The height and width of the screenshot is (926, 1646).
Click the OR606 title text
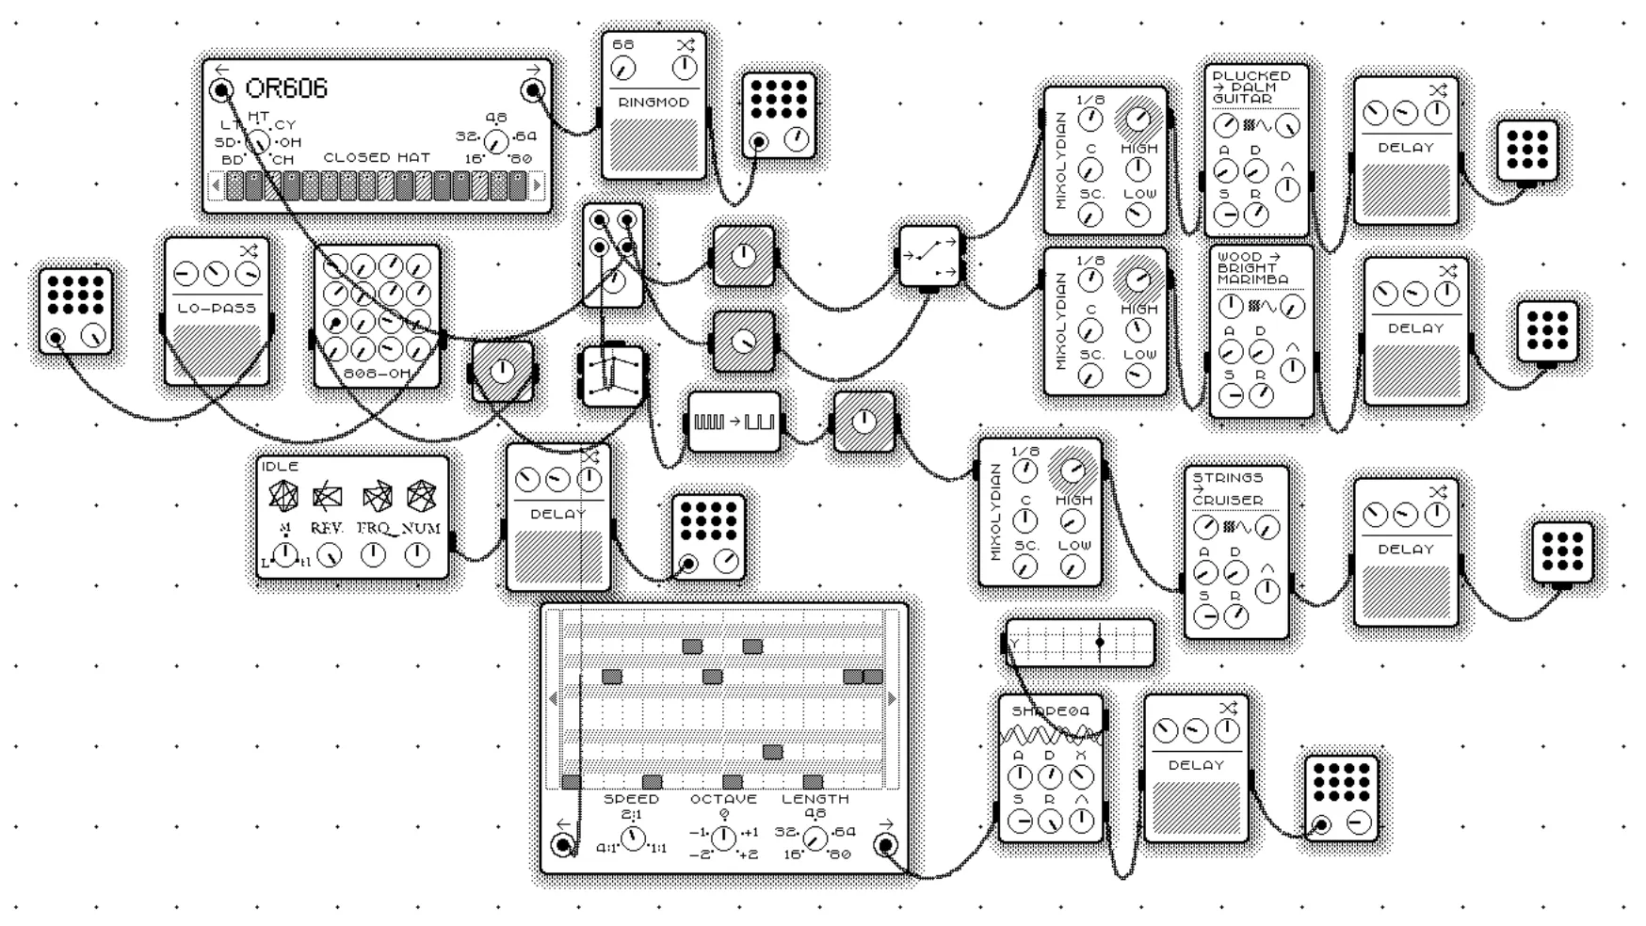click(286, 88)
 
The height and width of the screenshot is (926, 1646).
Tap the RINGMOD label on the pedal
click(654, 103)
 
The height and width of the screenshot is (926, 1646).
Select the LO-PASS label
click(217, 308)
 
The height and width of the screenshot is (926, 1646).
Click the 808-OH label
click(377, 374)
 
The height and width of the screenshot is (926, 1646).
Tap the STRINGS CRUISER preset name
click(1228, 489)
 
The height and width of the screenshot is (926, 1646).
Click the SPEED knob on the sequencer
click(633, 838)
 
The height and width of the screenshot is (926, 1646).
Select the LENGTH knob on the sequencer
click(815, 838)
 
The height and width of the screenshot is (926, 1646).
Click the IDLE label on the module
click(281, 467)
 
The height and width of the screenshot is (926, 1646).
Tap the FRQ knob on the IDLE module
click(374, 555)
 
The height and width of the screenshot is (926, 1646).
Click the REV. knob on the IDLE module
click(329, 555)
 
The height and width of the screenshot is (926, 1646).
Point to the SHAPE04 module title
click(1050, 711)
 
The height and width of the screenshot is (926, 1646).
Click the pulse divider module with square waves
click(734, 423)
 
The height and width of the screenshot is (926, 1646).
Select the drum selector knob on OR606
click(258, 142)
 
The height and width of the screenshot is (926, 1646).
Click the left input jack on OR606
click(222, 90)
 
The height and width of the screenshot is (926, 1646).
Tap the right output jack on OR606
click(533, 90)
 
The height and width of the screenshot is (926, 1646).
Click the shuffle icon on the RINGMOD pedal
click(685, 45)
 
